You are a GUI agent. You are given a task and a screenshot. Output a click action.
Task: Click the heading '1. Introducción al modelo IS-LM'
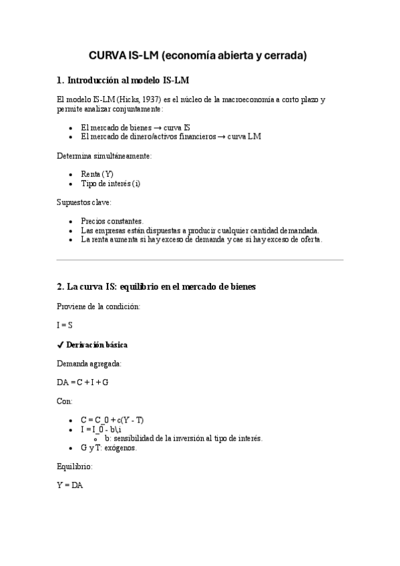coord(124,81)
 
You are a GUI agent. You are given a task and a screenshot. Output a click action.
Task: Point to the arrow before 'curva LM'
coord(220,136)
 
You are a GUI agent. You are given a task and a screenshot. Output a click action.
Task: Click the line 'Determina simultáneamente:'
coord(104,156)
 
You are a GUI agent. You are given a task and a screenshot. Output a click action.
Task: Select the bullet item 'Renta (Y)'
coord(97,174)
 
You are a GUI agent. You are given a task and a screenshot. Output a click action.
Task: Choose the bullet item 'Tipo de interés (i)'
coord(110,183)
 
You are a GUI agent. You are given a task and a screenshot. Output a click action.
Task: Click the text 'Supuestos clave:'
coord(84,202)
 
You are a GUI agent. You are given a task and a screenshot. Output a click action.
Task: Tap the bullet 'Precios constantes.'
coord(112,220)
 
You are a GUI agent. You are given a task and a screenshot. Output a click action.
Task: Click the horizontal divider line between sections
coord(200,260)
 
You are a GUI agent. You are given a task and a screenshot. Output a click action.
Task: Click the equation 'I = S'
coord(65,325)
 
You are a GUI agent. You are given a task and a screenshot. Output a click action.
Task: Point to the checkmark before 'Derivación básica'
coord(60,344)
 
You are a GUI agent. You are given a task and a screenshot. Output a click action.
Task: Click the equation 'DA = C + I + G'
coord(83,382)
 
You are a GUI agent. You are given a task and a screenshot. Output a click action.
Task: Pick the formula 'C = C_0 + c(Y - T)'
coord(112,420)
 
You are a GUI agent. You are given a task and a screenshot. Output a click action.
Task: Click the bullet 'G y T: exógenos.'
coord(108,448)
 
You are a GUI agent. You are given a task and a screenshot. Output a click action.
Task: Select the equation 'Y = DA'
coord(69,485)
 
